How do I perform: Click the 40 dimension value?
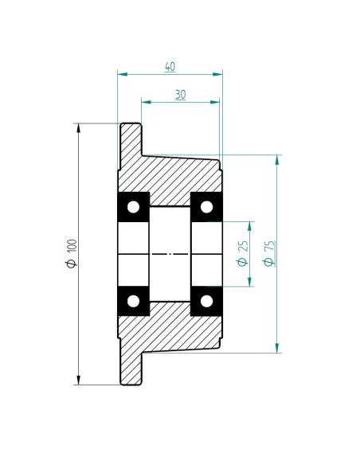(170, 66)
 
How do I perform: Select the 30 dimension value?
(180, 95)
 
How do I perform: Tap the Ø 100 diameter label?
(72, 253)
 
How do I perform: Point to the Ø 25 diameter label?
(243, 253)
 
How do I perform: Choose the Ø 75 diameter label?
(268, 253)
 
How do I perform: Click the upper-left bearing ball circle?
(133, 207)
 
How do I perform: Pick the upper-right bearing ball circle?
(206, 207)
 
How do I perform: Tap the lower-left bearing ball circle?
(133, 301)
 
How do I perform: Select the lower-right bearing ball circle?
(206, 301)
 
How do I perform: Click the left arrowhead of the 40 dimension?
(122, 74)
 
